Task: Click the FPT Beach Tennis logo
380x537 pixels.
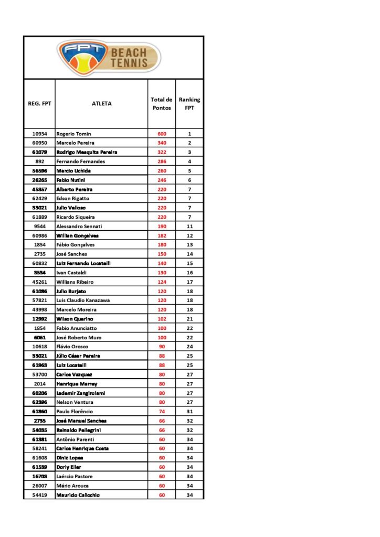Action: point(109,58)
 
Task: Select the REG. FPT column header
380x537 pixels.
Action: point(39,104)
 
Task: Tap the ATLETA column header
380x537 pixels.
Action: point(102,104)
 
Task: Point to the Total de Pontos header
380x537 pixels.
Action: point(162,104)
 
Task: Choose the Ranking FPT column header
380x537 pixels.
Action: point(189,104)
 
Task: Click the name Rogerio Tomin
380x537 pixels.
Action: point(73,134)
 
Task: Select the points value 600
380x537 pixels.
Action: point(162,134)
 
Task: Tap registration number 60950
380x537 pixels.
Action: point(39,143)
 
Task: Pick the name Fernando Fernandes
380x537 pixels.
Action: point(80,162)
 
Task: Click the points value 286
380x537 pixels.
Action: point(162,162)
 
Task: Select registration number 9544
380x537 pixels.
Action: point(39,227)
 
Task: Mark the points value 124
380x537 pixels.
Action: point(162,282)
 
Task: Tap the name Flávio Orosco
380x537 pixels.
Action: point(72,347)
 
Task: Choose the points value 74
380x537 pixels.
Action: point(162,412)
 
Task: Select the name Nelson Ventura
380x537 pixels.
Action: point(74,402)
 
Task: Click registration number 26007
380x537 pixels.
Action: point(39,486)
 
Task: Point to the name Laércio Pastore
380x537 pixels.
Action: point(75,476)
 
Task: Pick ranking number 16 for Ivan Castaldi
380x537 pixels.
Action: point(189,273)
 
